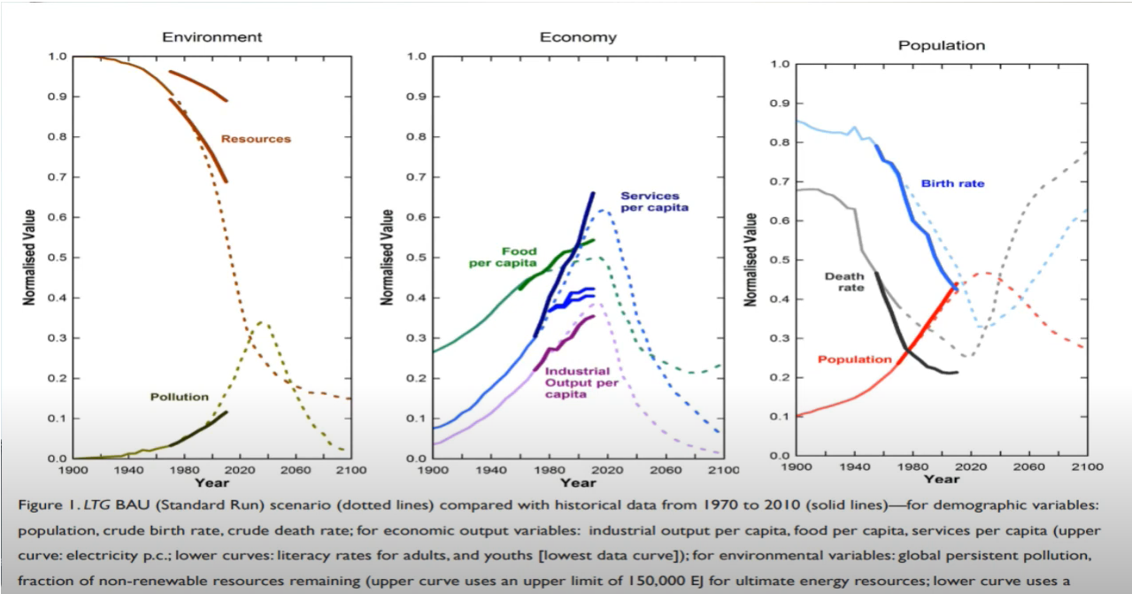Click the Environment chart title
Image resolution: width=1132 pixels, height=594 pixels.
coord(212,37)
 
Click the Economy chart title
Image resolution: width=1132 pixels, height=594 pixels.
coord(578,37)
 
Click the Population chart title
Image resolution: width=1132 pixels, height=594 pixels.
coord(942,45)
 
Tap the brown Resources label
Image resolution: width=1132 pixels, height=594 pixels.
coord(256,139)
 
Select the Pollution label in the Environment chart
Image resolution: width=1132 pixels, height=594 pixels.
coord(179,397)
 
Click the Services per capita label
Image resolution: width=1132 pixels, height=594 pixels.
coord(654,202)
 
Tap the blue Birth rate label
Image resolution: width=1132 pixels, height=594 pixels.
coord(952,184)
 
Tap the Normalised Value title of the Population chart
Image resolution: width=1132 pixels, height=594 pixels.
coord(750,260)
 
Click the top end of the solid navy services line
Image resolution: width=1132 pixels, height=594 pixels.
coord(593,192)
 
